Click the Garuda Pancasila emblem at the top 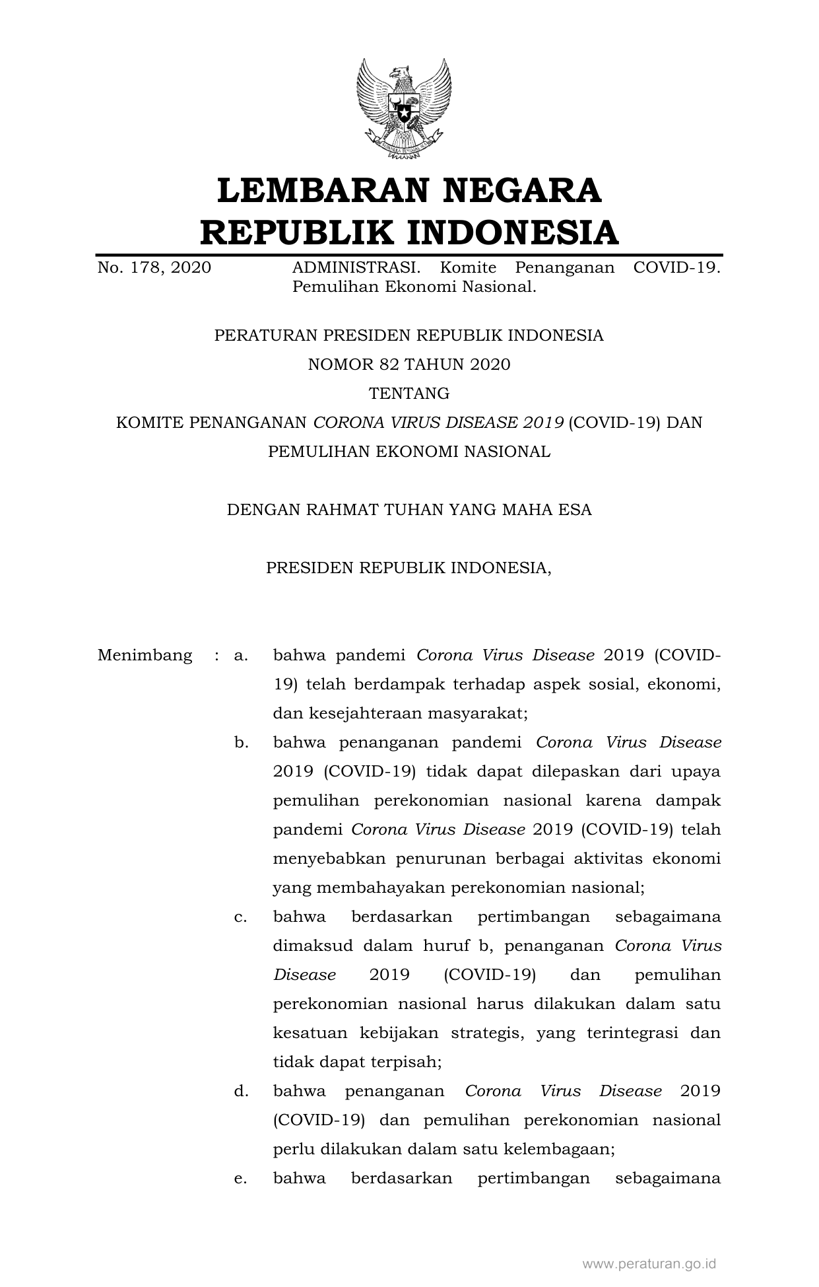[404, 109]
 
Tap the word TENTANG [409, 394]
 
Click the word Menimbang [145, 656]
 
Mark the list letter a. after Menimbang [241, 656]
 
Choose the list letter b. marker [241, 743]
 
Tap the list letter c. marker [241, 917]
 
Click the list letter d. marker [241, 1092]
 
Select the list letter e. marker [241, 1179]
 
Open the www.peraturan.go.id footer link [649, 1264]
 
